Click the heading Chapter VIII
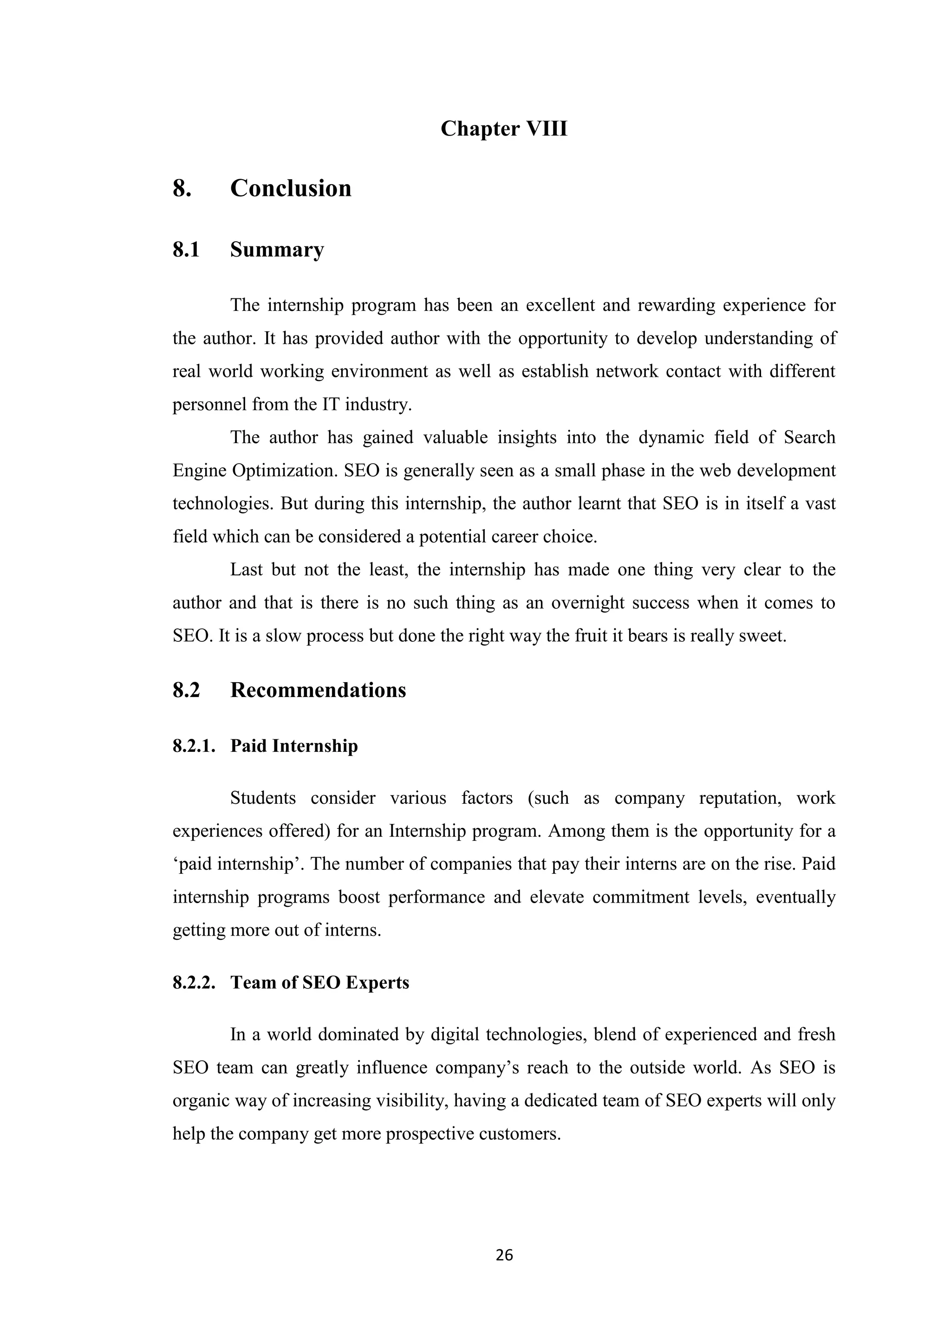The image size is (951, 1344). pyautogui.click(x=504, y=129)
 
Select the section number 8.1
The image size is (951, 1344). pyautogui.click(x=186, y=250)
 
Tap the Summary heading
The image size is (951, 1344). pyautogui.click(x=276, y=250)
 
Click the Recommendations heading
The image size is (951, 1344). pyautogui.click(x=318, y=690)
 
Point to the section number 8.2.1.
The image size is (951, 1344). pyautogui.click(x=194, y=746)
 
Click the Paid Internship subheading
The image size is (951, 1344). pyautogui.click(x=293, y=746)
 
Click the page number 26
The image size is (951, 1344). pyautogui.click(x=504, y=1255)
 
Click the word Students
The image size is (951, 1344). pyautogui.click(x=263, y=798)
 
